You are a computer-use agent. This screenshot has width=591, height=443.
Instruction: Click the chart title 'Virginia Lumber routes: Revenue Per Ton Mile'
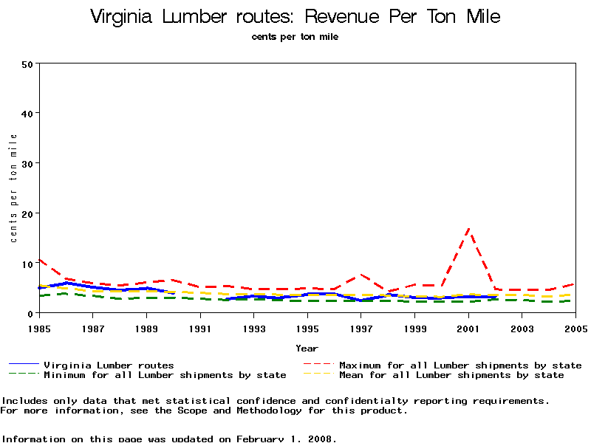tap(295, 16)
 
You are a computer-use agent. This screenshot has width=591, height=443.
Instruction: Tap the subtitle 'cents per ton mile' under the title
tap(295, 36)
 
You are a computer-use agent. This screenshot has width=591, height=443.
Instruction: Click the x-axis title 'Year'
tap(307, 348)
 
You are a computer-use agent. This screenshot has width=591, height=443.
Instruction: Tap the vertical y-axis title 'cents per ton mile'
tap(13, 188)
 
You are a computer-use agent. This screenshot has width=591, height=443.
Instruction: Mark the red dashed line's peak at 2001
tap(468, 230)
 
